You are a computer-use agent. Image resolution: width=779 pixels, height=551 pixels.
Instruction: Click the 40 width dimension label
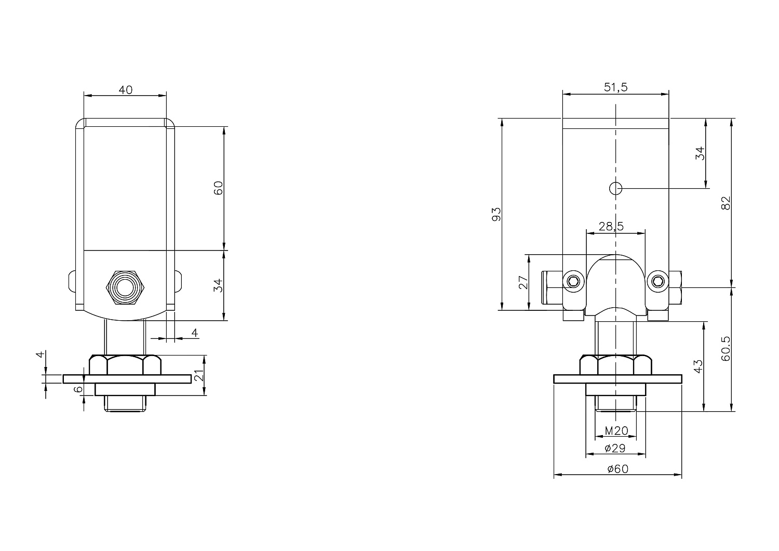click(x=126, y=90)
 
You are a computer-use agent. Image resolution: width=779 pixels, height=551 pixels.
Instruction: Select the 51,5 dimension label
click(x=615, y=87)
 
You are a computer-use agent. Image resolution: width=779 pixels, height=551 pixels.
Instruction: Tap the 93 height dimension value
click(x=496, y=214)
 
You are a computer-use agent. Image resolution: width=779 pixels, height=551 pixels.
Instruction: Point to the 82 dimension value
click(x=726, y=203)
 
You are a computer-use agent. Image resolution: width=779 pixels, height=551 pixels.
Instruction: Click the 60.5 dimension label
click(x=726, y=348)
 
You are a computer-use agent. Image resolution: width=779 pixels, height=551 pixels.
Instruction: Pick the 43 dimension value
click(x=698, y=366)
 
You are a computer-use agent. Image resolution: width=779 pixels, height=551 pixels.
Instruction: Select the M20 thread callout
click(x=616, y=431)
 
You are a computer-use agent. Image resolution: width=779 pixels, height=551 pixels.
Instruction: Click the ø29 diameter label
click(x=615, y=448)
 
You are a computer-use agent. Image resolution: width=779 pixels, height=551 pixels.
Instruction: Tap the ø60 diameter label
click(x=618, y=469)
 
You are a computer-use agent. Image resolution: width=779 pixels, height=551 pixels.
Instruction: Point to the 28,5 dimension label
click(x=611, y=227)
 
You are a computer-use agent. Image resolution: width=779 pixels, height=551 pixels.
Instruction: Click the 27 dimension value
click(x=523, y=282)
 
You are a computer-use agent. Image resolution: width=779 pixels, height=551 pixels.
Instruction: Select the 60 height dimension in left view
click(x=218, y=188)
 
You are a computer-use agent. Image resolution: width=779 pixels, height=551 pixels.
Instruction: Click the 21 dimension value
click(x=198, y=375)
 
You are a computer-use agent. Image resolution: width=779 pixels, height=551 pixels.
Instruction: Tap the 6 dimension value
click(x=79, y=389)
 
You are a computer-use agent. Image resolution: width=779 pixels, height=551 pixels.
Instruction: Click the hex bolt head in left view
click(x=125, y=287)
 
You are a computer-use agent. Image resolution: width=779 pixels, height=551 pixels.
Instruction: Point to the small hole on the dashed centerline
click(x=615, y=189)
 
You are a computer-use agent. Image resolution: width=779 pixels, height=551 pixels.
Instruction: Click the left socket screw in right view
click(x=573, y=281)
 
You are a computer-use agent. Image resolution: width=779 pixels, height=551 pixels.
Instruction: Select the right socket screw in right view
click(x=658, y=281)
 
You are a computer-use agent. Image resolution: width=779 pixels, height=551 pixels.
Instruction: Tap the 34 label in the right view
click(x=700, y=153)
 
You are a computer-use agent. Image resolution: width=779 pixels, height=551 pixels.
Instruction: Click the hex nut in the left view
click(x=125, y=365)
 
